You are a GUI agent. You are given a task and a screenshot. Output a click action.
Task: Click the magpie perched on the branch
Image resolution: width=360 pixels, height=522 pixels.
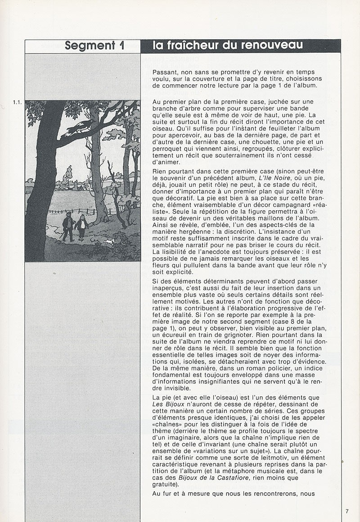(x=80, y=127)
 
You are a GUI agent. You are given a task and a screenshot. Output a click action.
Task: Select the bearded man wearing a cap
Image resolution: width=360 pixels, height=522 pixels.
(x=68, y=227)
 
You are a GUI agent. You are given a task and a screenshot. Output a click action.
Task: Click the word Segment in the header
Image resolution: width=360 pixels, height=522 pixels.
(x=90, y=45)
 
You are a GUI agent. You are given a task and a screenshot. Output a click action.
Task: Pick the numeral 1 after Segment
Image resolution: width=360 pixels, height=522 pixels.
(x=121, y=45)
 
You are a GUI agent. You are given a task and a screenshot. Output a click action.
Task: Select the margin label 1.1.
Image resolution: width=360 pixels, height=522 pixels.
(x=18, y=103)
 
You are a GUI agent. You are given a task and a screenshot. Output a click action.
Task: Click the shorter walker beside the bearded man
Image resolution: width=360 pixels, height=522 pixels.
(x=82, y=227)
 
